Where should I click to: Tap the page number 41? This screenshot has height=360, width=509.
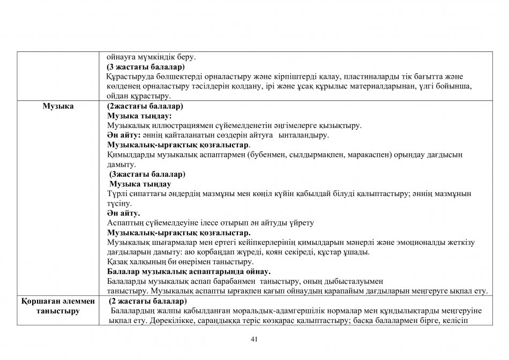point(254,339)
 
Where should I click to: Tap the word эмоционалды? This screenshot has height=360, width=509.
point(421,243)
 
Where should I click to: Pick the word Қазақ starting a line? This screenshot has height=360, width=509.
point(117,262)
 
